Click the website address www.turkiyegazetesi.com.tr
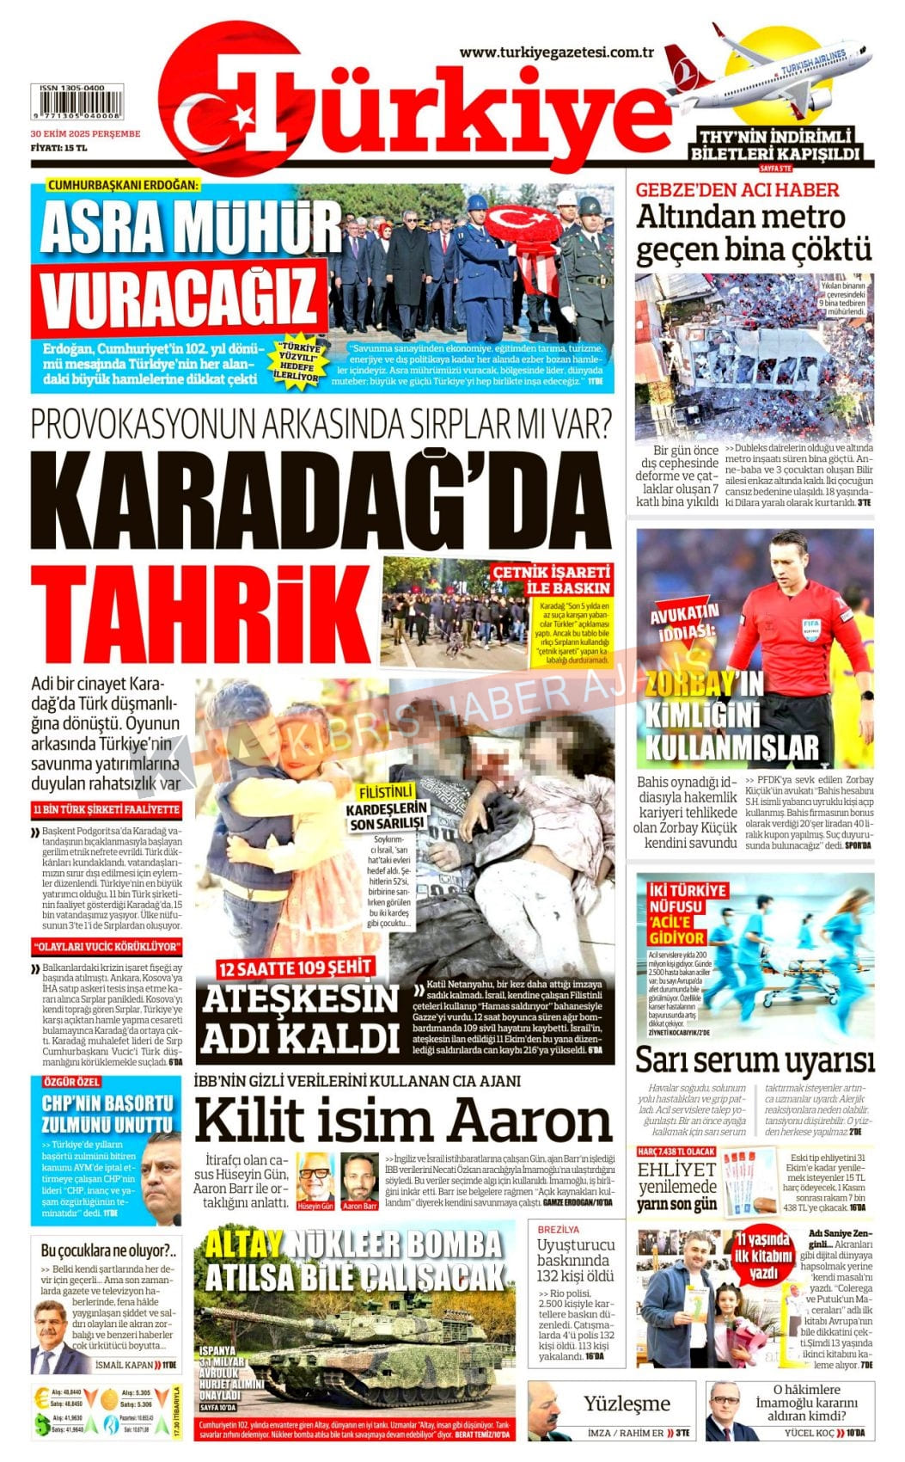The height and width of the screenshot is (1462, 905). (556, 52)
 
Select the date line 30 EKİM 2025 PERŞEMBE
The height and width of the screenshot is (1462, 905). (85, 134)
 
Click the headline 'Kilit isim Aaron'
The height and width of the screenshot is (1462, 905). (402, 1121)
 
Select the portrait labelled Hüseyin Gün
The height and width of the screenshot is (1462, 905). (315, 1178)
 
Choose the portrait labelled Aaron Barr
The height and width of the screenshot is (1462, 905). (359, 1178)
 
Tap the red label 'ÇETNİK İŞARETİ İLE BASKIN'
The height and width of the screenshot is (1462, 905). (552, 580)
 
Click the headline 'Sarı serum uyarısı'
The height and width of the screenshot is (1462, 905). (754, 1060)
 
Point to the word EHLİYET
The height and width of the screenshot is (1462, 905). (676, 1170)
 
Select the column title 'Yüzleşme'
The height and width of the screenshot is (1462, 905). (627, 1404)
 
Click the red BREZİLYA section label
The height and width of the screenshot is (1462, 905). (559, 1230)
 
